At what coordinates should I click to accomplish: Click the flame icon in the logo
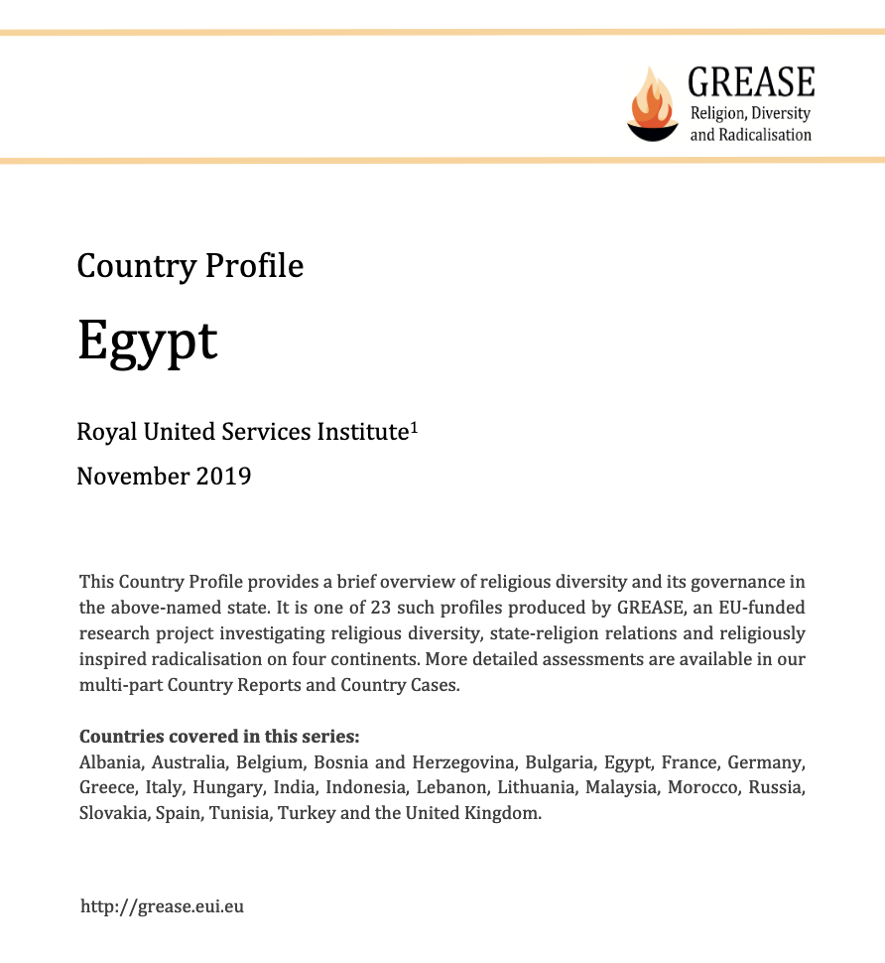(652, 102)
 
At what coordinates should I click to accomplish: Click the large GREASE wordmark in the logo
(751, 81)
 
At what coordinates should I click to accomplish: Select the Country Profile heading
(190, 266)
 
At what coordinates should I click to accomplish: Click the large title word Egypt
(147, 341)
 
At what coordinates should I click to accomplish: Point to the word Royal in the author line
(107, 432)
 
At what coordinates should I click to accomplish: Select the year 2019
(223, 477)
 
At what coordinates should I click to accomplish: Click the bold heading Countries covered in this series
(219, 737)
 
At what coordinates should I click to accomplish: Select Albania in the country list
(108, 762)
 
